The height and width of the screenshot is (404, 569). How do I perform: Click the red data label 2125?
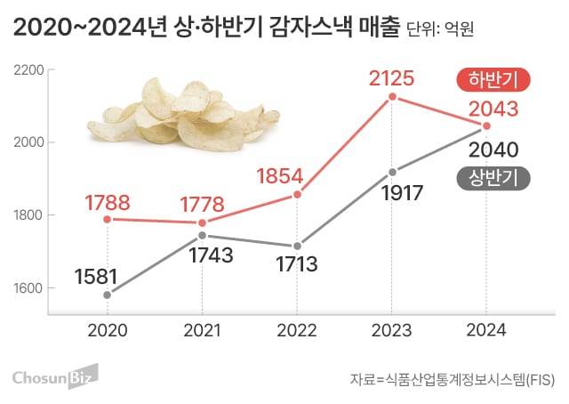391,78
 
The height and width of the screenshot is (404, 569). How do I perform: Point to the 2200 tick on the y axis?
30,69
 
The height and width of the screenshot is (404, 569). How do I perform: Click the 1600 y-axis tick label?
30,288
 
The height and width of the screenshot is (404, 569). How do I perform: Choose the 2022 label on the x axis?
297,329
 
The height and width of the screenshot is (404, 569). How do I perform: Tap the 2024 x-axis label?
485,329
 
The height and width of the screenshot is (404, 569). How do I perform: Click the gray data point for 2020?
108,295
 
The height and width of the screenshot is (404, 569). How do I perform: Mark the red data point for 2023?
392,98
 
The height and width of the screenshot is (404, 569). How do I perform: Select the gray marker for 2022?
297,246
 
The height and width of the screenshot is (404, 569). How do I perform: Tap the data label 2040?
493,149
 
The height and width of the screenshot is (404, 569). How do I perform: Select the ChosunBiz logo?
55,376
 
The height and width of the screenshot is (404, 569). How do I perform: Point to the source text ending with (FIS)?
451,380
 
